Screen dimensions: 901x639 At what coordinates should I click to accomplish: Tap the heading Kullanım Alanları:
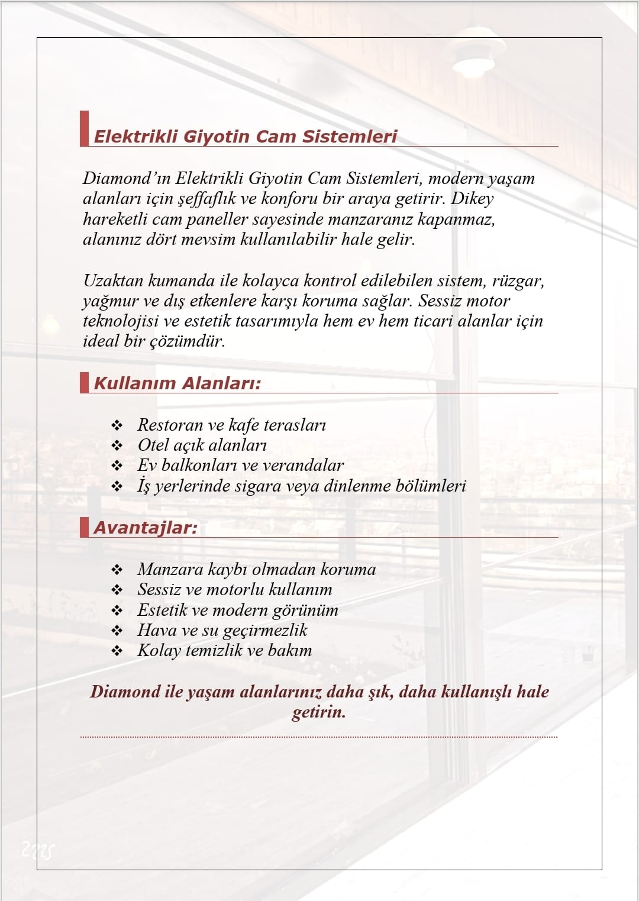pos(177,383)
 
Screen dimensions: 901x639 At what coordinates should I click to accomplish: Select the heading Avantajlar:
pos(146,528)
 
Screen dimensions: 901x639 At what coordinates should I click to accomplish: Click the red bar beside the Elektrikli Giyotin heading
pos(84,128)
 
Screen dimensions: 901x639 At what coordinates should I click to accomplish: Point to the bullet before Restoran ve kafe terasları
pos(117,425)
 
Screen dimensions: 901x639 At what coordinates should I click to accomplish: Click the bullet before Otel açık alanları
pos(117,445)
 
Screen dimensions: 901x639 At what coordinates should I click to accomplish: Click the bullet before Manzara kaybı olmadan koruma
pos(117,570)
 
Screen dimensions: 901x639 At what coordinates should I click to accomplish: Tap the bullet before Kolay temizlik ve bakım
pos(117,651)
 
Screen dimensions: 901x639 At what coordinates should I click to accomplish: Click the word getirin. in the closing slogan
pos(319,712)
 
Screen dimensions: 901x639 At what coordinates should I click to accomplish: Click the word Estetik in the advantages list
pos(162,610)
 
